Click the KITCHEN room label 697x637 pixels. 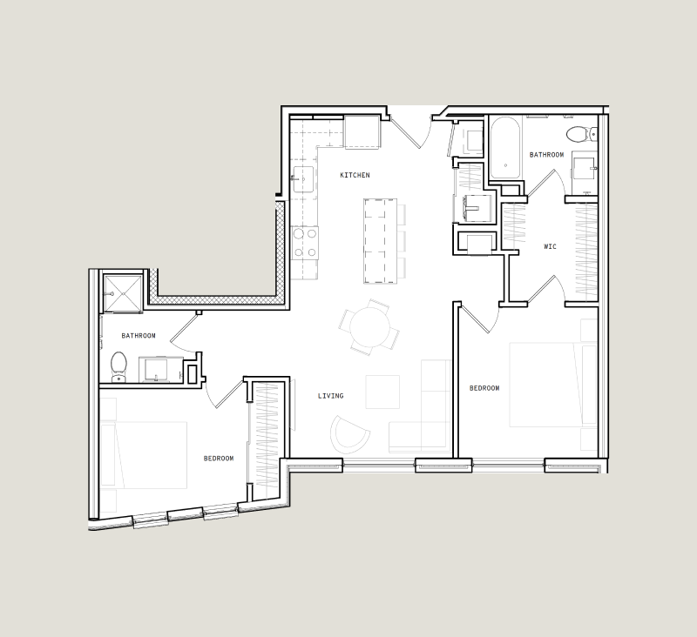(355, 175)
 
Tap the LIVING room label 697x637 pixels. (330, 396)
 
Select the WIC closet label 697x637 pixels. (550, 246)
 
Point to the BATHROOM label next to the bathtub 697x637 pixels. (546, 155)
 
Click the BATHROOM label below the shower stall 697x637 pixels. (139, 336)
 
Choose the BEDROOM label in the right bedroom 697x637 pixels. (484, 388)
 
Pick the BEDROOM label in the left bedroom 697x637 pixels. (219, 459)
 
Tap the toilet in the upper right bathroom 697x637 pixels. (579, 134)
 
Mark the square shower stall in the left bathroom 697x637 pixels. (123, 293)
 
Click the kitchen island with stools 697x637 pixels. (381, 241)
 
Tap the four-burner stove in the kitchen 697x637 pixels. (305, 243)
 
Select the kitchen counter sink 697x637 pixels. (302, 178)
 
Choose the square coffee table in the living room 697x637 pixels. (382, 392)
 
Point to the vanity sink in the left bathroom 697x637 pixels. (158, 370)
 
